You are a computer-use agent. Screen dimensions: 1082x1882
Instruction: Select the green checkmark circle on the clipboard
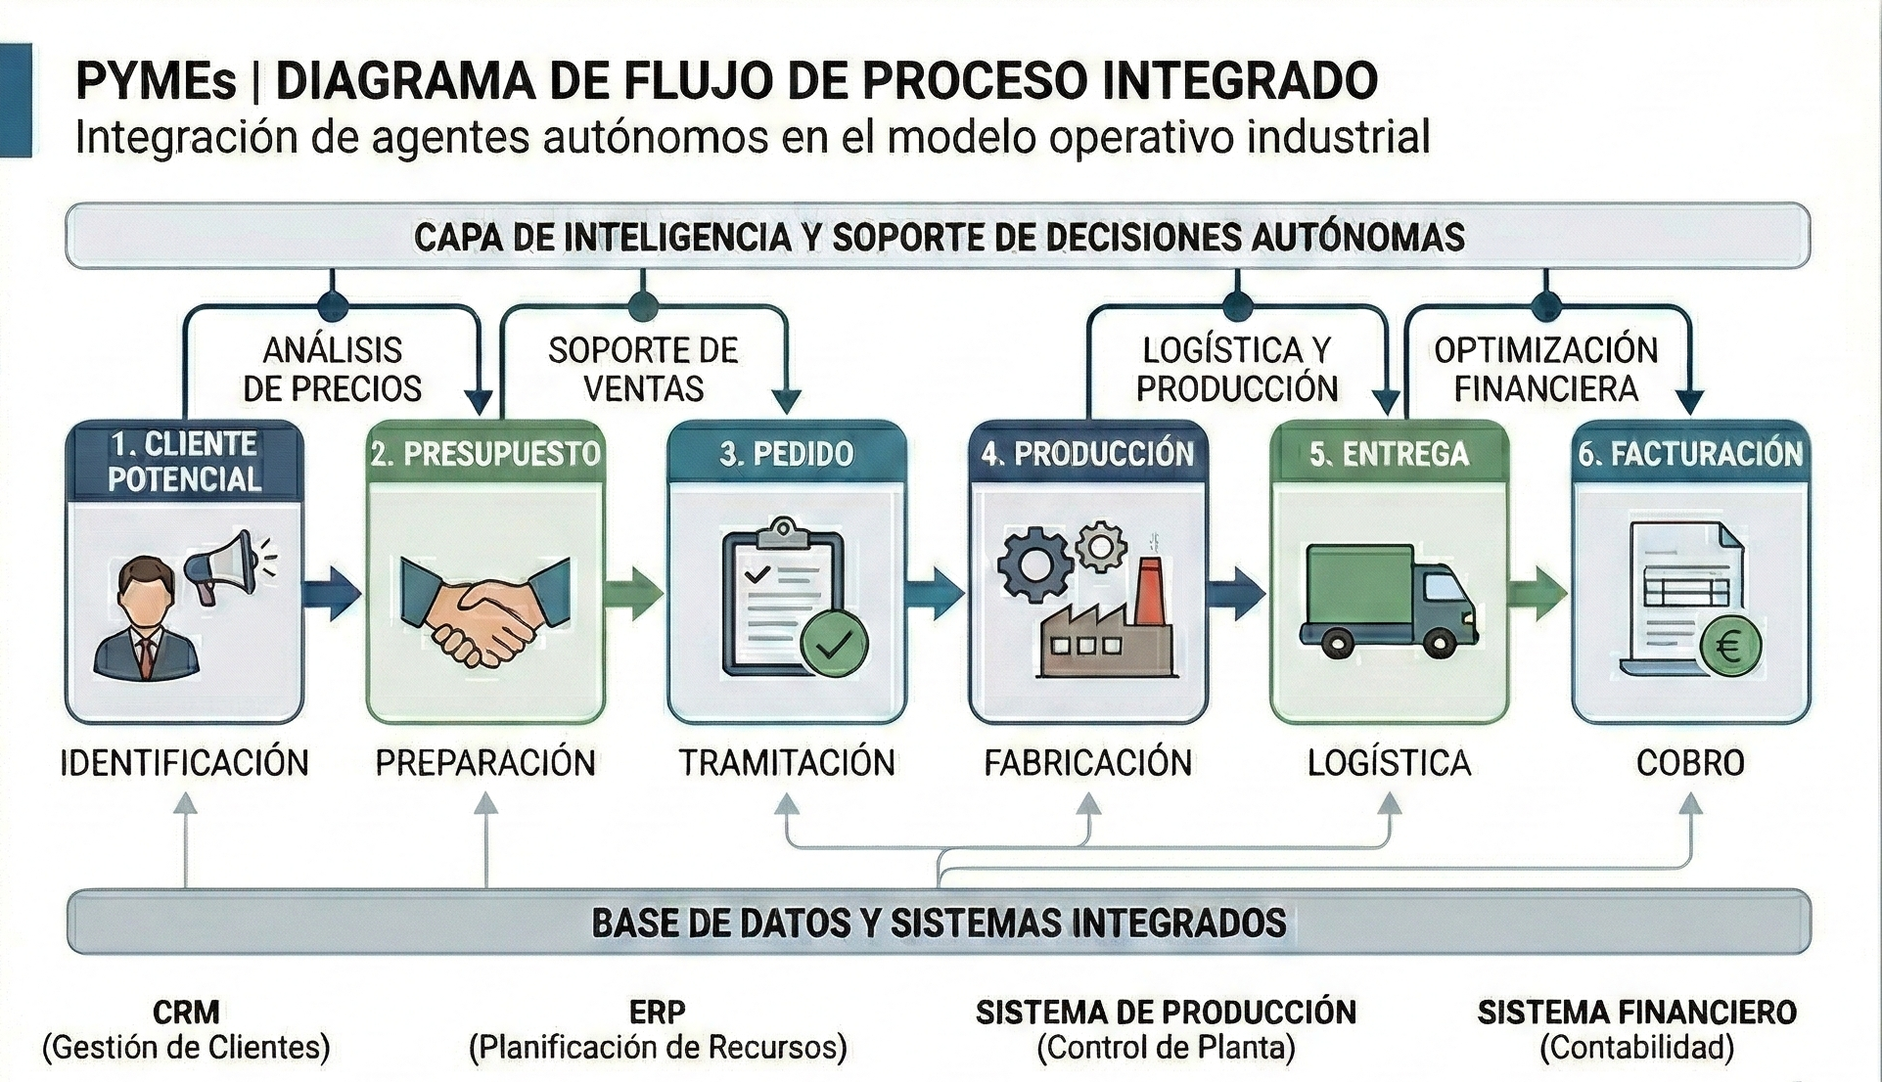tap(833, 644)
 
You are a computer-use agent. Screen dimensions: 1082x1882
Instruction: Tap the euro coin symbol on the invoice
tap(1729, 647)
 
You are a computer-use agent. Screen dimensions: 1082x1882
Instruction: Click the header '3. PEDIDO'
tap(786, 454)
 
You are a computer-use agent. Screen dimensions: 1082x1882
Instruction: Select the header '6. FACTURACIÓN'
tap(1689, 454)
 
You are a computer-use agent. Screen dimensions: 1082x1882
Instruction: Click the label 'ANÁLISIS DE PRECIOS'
tap(332, 370)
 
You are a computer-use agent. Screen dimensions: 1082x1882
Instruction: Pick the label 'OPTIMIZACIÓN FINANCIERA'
tap(1545, 370)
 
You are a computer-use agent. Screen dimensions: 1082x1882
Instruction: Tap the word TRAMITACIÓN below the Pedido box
tap(787, 763)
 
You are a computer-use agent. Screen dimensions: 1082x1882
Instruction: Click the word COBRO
tap(1690, 763)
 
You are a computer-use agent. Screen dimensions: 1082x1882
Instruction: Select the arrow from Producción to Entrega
tap(1235, 593)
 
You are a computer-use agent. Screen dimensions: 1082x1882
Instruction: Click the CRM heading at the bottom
tap(186, 1012)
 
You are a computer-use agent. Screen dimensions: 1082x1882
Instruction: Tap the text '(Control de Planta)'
tap(1166, 1048)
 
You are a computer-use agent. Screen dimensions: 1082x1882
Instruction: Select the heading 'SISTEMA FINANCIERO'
tap(1636, 1012)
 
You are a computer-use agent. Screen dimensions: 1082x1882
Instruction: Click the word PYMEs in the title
tap(156, 81)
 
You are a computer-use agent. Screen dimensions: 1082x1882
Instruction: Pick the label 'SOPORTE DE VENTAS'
tap(643, 370)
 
